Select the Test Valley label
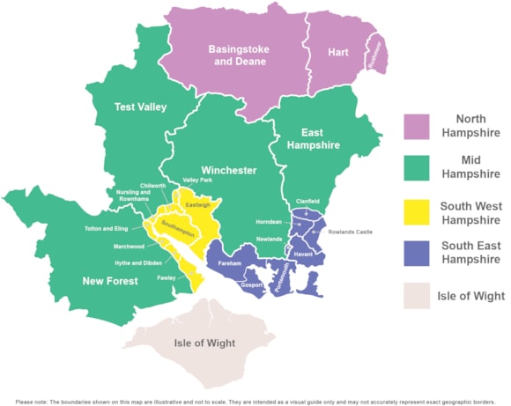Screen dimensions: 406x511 141,107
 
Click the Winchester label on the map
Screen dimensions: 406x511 228,170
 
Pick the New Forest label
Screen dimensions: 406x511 110,281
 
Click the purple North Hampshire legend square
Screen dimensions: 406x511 417,126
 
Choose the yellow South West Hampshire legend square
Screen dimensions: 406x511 417,212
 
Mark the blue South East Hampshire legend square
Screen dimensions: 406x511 417,253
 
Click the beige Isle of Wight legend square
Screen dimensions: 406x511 417,295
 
